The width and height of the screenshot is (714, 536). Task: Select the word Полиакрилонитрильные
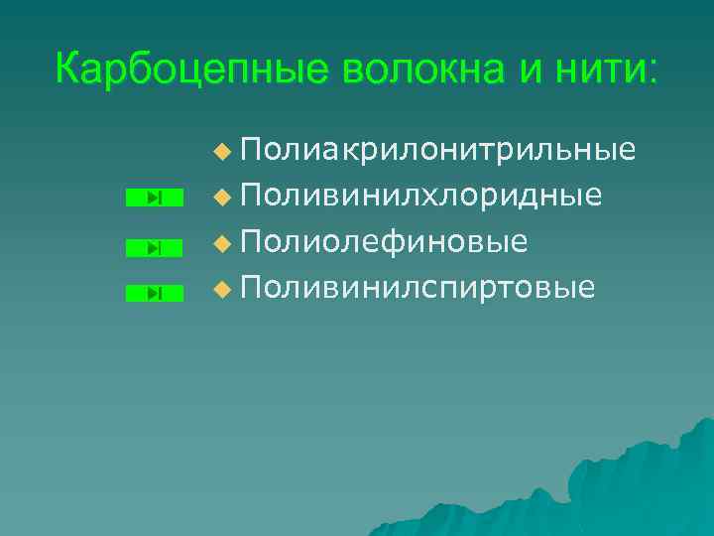437,150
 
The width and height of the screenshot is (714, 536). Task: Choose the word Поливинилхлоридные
420,196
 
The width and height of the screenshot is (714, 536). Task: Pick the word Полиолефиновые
384,241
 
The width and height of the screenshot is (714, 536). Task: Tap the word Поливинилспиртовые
417,288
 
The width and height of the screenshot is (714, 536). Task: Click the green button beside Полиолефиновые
156,247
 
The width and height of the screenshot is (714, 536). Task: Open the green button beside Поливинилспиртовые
156,293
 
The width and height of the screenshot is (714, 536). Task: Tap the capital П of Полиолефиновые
251,241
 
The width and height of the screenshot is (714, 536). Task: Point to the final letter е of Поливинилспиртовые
587,290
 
